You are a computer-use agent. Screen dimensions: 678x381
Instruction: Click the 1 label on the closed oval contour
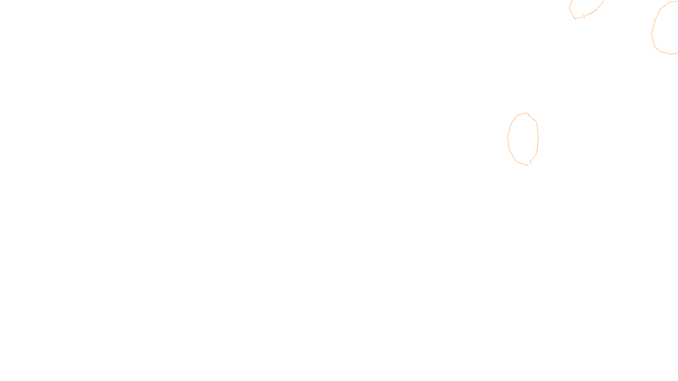531,162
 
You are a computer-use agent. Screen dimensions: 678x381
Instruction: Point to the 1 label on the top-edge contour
584,17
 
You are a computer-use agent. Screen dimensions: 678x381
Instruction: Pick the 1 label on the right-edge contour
655,20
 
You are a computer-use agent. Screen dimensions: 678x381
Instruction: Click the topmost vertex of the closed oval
526,113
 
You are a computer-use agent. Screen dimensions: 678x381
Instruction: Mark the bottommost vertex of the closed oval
527,165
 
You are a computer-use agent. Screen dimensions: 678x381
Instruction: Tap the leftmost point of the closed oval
508,137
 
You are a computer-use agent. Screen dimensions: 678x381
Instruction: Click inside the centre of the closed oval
523,139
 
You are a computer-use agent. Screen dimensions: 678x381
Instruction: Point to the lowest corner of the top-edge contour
575,19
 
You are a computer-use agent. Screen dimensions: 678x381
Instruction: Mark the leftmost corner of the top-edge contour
570,8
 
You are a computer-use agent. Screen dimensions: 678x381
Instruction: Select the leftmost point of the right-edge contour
652,33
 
